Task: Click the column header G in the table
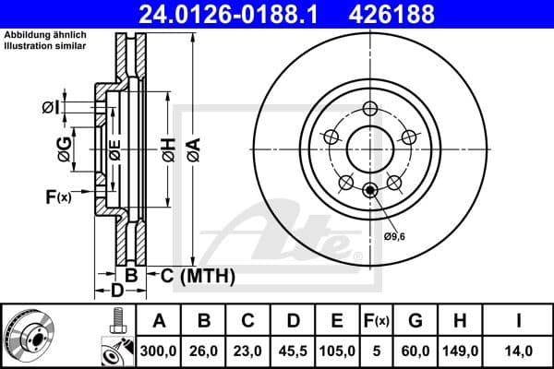click(416, 321)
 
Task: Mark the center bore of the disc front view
click(369, 148)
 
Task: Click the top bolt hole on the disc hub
click(369, 107)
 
